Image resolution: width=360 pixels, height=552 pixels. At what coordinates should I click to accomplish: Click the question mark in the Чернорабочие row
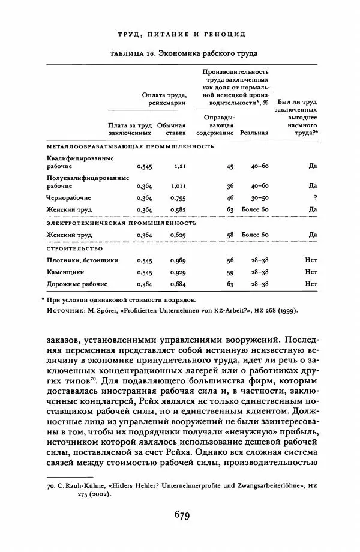[314, 197]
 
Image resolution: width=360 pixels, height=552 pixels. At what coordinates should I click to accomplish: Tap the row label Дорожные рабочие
[77, 283]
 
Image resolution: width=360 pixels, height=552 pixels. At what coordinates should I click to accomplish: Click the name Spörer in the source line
[110, 310]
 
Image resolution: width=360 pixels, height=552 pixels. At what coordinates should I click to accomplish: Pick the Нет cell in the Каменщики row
[311, 272]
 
